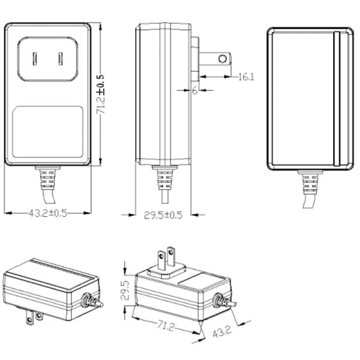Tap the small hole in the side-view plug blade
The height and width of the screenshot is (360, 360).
pyautogui.click(x=223, y=59)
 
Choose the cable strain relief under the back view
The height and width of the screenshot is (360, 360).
pyautogui.click(x=309, y=183)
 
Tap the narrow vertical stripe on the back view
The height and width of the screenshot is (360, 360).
pyautogui.click(x=337, y=99)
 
